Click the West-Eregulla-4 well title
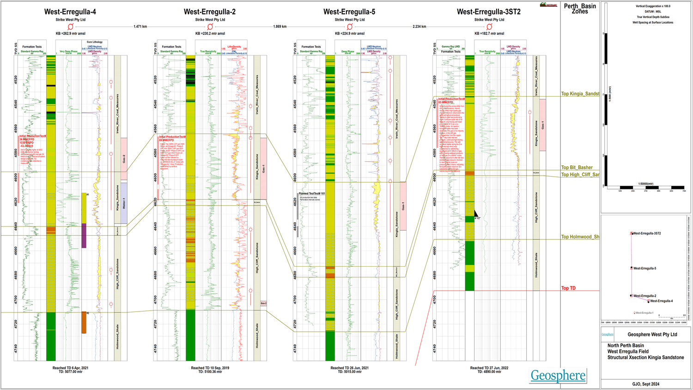(x=70, y=12)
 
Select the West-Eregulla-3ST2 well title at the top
(x=488, y=12)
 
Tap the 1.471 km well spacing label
(x=140, y=27)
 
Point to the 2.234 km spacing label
(x=419, y=27)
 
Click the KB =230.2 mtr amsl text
(x=210, y=33)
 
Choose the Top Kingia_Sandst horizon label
(x=580, y=94)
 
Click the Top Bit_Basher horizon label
(x=577, y=168)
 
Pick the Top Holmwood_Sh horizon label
(x=580, y=237)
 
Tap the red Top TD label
(x=568, y=288)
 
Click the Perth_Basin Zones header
(x=580, y=9)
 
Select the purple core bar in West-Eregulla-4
(x=84, y=236)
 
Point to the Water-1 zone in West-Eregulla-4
(x=124, y=203)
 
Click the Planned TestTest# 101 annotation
(x=312, y=194)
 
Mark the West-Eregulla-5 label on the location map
(x=644, y=268)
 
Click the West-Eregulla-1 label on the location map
(x=644, y=313)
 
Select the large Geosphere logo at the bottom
(x=558, y=376)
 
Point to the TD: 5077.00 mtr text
(x=70, y=372)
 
